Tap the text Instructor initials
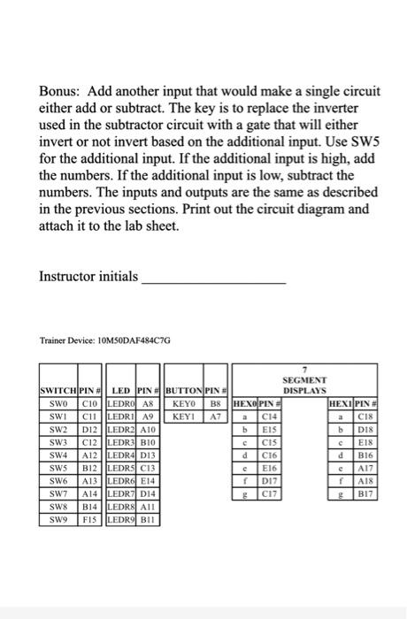[x=87, y=278]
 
